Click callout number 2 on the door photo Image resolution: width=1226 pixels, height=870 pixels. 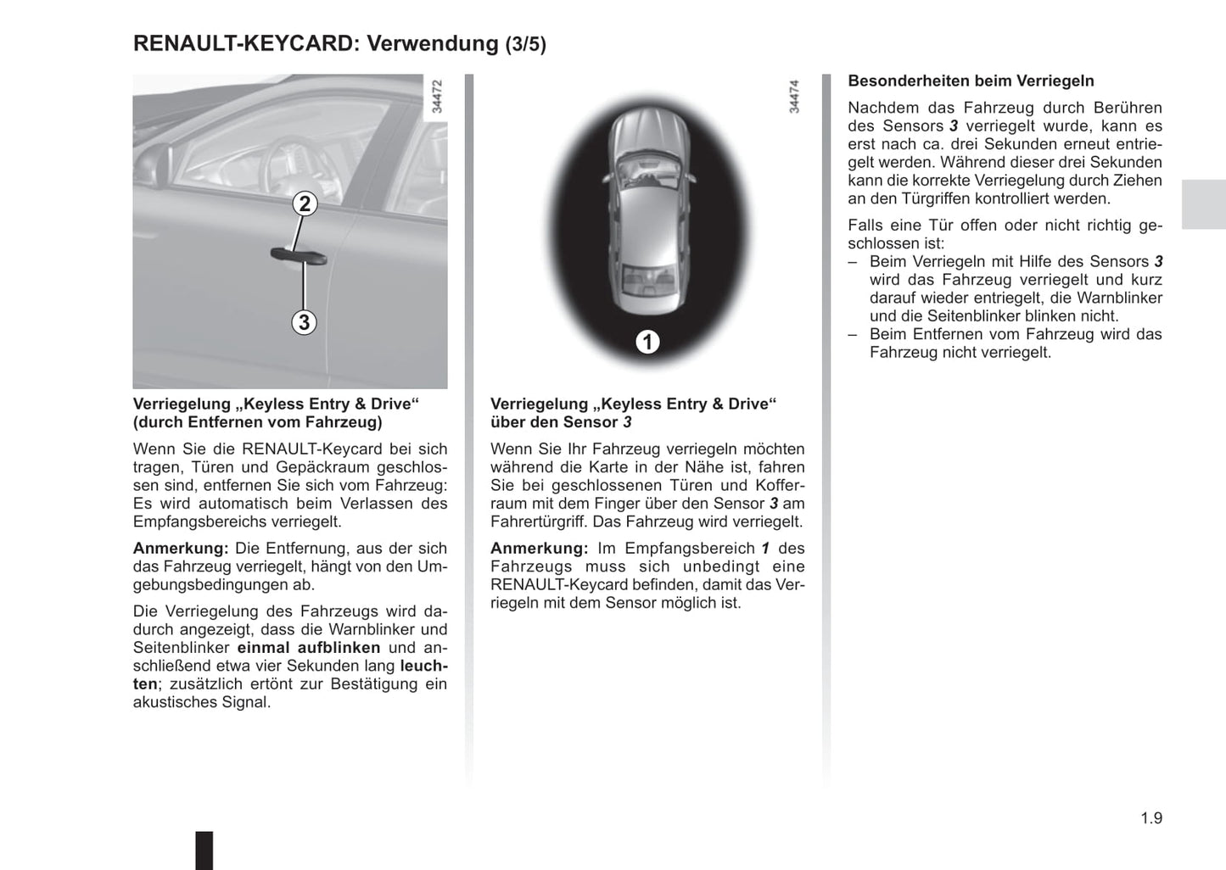[x=305, y=204]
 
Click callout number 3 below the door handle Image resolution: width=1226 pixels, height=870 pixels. [x=304, y=322]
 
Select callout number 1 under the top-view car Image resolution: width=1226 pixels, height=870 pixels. [x=647, y=342]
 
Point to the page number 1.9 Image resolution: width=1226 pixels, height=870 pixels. [x=1151, y=818]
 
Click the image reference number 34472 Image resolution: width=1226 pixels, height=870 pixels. [x=437, y=97]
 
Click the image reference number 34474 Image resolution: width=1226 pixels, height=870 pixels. [x=794, y=97]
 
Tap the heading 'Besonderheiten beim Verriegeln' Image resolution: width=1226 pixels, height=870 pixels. [x=971, y=81]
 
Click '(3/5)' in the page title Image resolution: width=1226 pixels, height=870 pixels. [x=526, y=45]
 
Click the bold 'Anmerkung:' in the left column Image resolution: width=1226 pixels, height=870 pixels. [x=180, y=549]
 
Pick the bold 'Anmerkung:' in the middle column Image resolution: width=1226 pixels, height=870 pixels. [x=539, y=549]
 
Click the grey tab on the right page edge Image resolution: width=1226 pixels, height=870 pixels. [x=1203, y=204]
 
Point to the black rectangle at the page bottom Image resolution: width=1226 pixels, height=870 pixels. [x=204, y=850]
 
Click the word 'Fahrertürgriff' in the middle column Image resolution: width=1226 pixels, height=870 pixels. [x=539, y=522]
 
